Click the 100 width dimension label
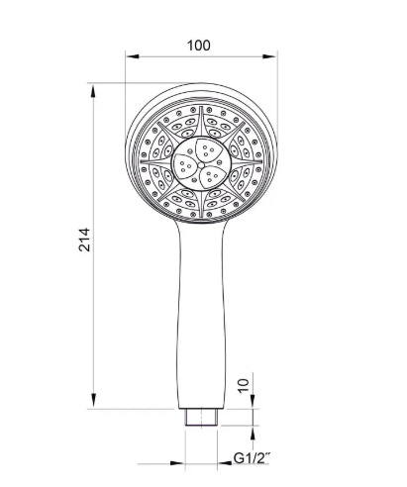coord(198,46)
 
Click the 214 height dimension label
coord(84,240)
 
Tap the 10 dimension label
coord(243,385)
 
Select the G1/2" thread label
coord(252,458)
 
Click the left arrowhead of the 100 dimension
coord(132,56)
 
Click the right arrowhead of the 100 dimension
coord(269,56)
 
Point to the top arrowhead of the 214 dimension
coord(93,91)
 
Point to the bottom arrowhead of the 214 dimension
coord(93,400)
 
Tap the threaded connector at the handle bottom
coord(201,418)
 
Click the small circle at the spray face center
coord(201,164)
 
